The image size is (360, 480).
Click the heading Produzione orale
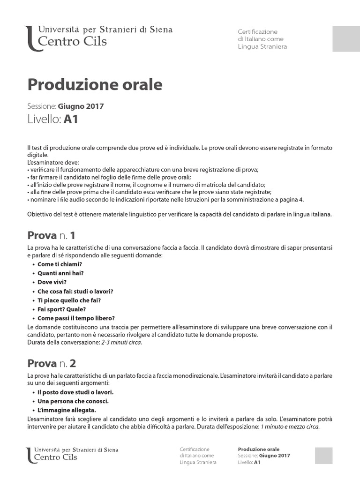tap(95, 84)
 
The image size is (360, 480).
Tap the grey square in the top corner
tap(346, 39)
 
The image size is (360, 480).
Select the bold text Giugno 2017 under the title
tap(81, 106)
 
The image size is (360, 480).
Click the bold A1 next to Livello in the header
tap(71, 120)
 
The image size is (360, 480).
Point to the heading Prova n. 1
tap(51, 235)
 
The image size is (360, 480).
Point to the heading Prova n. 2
tap(52, 363)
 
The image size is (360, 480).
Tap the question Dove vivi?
tap(52, 282)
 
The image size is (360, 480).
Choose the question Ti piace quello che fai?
tap(69, 300)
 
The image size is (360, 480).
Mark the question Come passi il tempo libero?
tap(76, 318)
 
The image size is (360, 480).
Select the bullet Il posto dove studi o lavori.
tap(75, 392)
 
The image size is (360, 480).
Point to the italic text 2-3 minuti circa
tap(121, 343)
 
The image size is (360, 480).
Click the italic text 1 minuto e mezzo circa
tap(290, 427)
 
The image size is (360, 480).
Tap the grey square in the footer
tap(324, 456)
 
